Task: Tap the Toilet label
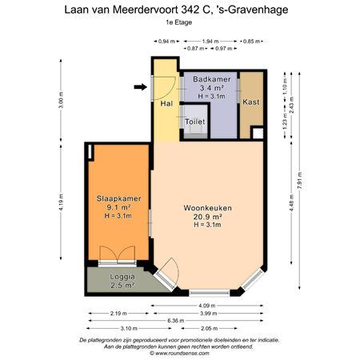[x=195, y=122]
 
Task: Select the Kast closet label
[x=250, y=102]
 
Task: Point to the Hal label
[x=166, y=104]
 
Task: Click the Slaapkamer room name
[x=112, y=198]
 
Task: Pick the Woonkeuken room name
[x=207, y=208]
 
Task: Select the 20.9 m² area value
[x=207, y=217]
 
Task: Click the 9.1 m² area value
[x=112, y=206]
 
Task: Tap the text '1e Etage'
[x=179, y=22]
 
